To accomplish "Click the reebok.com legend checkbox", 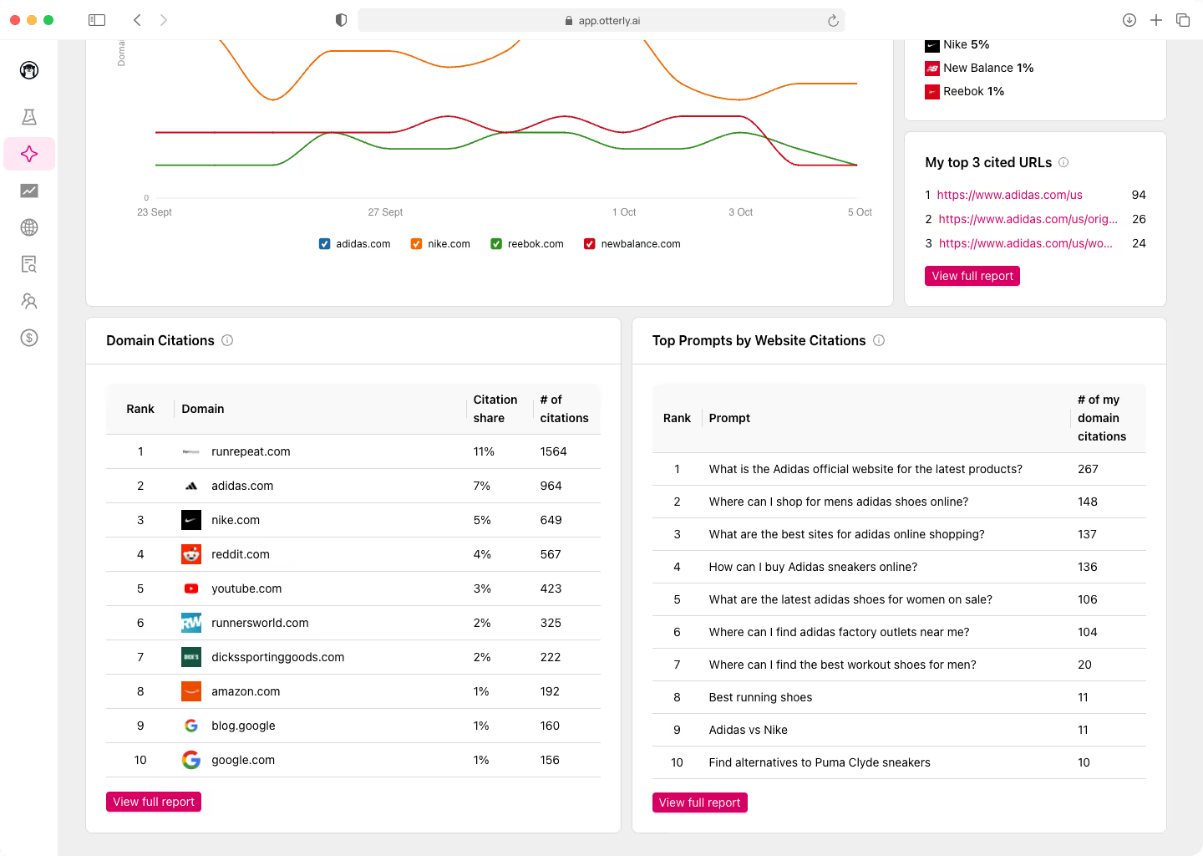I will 496,244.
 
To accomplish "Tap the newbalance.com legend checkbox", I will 590,244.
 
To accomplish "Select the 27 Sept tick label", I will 385,212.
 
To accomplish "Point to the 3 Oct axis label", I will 740,212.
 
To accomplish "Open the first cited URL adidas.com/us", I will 1009,195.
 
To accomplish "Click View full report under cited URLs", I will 972,276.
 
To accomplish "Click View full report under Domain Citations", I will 154,802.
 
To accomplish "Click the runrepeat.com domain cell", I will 251,451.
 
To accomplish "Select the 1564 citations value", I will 553,451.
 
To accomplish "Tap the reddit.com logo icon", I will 191,554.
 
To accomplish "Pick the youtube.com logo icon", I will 191,588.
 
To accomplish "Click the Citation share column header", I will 495,409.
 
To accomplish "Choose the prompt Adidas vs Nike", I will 748,730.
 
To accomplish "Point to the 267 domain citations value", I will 1088,469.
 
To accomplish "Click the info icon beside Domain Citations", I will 227,340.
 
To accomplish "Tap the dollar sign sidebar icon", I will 29,338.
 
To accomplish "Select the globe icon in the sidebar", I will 29,227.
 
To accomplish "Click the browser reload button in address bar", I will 833,21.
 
